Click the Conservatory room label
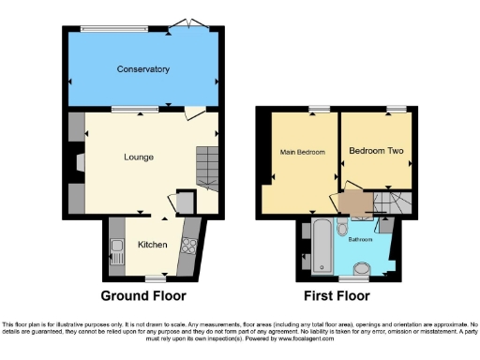[x=142, y=69]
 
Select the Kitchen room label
[x=153, y=244]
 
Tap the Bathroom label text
[x=360, y=240]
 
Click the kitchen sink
[x=117, y=250]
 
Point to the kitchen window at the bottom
[x=155, y=278]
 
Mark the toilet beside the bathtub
[x=342, y=229]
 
